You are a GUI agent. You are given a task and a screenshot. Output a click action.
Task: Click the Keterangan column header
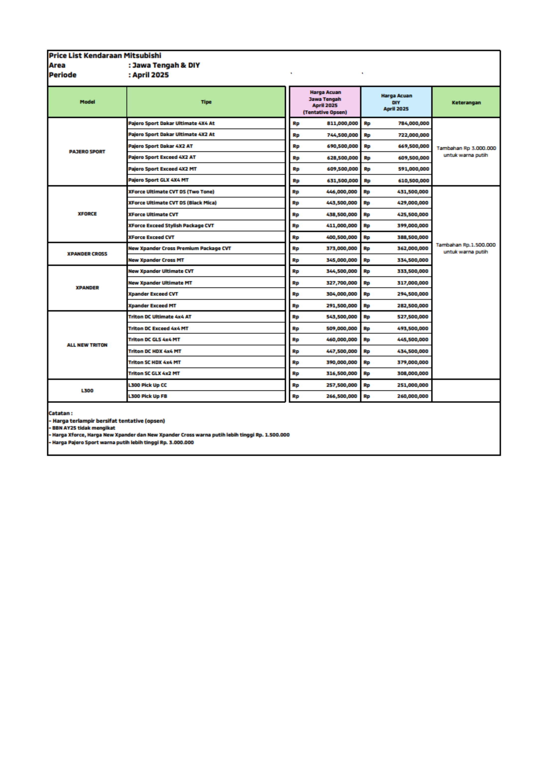pos(466,102)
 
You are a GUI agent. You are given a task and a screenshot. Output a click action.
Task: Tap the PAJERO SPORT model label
pos(87,151)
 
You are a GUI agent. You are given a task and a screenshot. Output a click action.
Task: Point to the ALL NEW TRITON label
pos(87,345)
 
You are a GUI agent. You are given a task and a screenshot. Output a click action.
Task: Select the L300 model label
pos(87,390)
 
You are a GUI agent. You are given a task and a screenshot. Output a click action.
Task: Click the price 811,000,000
pos(342,123)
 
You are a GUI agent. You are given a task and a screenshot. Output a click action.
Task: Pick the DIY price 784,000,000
pos(413,123)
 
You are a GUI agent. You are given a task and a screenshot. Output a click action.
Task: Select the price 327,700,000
pos(341,283)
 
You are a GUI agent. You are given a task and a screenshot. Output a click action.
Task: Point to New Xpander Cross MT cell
pos(156,260)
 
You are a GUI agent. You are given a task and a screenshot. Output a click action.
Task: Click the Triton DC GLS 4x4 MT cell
pos(154,339)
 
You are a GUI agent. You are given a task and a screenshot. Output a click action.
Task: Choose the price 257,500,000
pos(341,385)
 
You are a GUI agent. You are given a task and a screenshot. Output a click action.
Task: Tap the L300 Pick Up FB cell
pos(148,396)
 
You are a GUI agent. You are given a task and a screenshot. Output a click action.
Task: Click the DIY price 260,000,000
pos(413,396)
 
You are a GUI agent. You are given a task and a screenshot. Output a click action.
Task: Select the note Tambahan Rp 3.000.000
pos(466,148)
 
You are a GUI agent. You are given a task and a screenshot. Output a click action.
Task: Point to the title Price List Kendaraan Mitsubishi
pos(105,55)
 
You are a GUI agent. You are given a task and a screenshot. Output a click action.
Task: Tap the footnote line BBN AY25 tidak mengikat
pos(83,428)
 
